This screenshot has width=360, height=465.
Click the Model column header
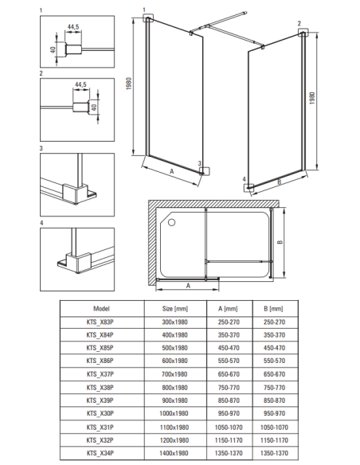[x=101, y=309]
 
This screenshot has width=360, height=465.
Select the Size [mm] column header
[x=175, y=309]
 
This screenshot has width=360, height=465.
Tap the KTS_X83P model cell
[x=100, y=322]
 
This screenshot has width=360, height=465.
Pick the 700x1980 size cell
[x=174, y=374]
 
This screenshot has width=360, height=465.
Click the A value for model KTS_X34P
[x=229, y=453]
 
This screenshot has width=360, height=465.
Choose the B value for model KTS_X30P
[x=274, y=413]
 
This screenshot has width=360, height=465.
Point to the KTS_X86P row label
[x=100, y=361]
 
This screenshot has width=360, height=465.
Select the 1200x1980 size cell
[x=174, y=440]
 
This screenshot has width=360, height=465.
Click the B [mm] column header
[x=273, y=309]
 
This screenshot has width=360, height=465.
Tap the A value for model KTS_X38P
[x=229, y=388]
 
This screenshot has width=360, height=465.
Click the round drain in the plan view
[x=172, y=222]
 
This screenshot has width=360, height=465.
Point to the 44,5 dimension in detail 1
[x=73, y=27]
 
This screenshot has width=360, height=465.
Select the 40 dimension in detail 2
[x=94, y=107]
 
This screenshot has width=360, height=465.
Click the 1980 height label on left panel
[x=129, y=84]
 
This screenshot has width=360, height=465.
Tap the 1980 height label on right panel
[x=312, y=98]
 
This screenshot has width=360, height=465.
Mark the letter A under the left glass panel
[x=171, y=171]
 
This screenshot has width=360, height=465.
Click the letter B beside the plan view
[x=280, y=242]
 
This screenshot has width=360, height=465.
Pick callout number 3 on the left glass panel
[x=200, y=163]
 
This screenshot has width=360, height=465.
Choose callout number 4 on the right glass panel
[x=244, y=179]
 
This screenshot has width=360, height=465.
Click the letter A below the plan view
[x=188, y=286]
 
